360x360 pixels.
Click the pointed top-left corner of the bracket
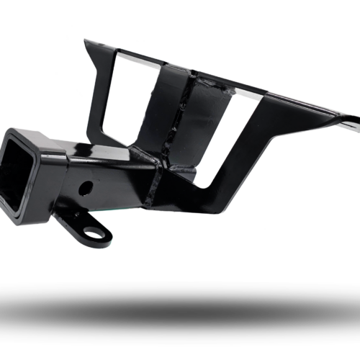coord(85,40)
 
